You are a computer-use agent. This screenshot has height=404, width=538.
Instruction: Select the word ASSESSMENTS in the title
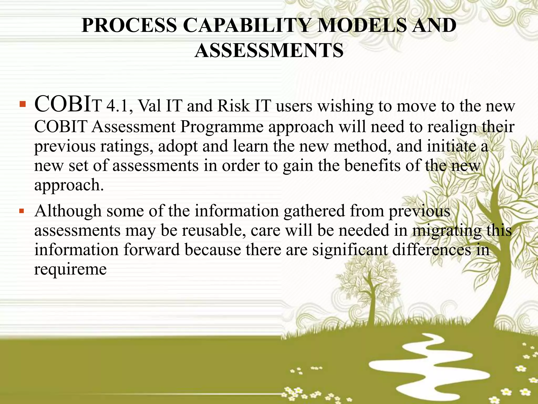269,50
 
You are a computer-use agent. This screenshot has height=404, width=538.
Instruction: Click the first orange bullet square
23,105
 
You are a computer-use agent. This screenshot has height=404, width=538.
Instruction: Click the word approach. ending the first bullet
69,185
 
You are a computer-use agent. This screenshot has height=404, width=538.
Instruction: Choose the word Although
68,211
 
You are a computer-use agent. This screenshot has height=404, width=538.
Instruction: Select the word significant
350,250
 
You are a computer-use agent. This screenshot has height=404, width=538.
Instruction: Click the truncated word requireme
70,269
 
